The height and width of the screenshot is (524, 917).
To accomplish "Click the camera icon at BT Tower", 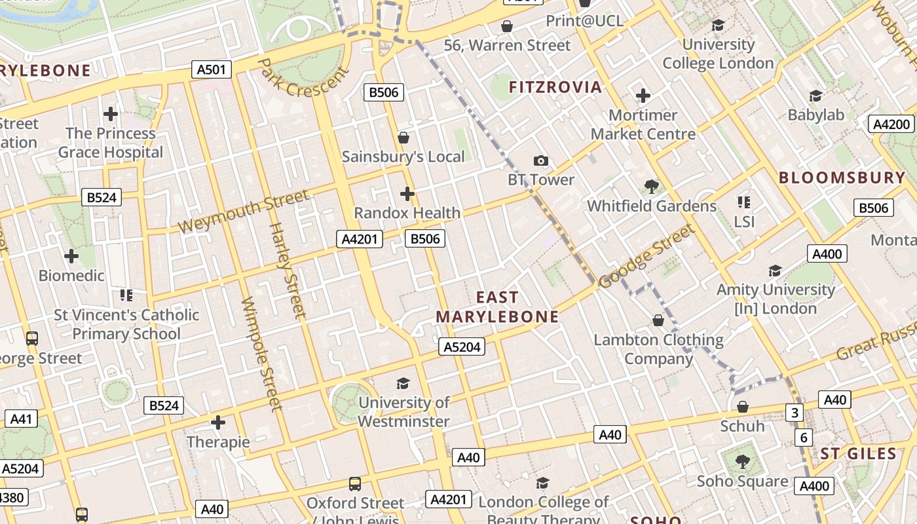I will point(541,160).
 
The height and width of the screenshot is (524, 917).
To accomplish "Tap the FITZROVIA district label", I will point(555,87).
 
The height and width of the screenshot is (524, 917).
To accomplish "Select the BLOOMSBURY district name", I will point(842,178).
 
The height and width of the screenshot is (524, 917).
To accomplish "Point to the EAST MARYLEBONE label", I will point(497,307).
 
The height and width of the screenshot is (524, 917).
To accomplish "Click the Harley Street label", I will point(288,271).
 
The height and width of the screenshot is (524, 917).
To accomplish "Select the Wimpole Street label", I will point(261,354).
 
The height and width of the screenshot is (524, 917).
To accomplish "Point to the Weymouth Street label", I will point(243,212).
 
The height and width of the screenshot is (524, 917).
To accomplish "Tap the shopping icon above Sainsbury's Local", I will point(403,138).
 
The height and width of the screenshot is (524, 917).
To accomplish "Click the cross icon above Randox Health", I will point(407,194).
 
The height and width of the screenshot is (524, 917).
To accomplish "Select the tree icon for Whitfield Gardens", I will point(651,187).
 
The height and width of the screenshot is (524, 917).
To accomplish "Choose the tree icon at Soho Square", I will point(742,462).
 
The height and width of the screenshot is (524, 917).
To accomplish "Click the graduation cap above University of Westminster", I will point(403,383).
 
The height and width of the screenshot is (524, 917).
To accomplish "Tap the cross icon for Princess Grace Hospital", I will point(111,114).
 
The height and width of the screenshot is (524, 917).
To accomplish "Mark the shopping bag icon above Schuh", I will point(742,407).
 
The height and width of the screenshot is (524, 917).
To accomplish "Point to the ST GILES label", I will point(858,454).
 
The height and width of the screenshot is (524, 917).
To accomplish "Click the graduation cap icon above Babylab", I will point(815,96).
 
